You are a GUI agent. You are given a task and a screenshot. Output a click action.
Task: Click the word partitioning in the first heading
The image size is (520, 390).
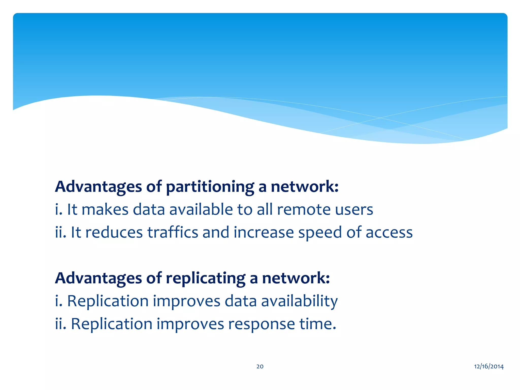[210, 187]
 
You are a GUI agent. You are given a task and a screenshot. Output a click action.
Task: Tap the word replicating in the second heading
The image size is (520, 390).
[205, 279]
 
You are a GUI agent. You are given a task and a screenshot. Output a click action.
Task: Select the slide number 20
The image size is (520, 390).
[260, 366]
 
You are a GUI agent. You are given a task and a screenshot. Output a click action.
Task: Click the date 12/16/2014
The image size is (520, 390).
[489, 366]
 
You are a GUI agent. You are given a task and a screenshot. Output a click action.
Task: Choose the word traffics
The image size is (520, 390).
[173, 233]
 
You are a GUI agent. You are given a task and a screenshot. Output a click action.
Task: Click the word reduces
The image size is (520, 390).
[114, 233]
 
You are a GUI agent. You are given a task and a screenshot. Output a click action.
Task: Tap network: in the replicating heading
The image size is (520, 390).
[296, 278]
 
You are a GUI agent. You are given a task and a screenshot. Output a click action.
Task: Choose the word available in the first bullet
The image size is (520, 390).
[201, 210]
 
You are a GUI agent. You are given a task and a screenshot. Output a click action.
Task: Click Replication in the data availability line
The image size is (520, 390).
[108, 301]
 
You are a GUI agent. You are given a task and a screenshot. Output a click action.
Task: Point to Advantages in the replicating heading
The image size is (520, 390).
[98, 279]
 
